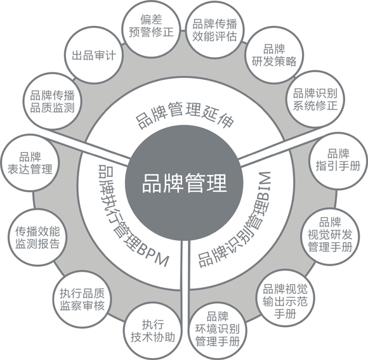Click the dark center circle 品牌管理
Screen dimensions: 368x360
[x=184, y=183]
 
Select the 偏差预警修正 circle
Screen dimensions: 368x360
[x=152, y=27]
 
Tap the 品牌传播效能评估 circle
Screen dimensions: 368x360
[x=214, y=30]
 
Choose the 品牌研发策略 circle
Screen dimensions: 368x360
[x=274, y=55]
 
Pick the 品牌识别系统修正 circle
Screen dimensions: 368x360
[x=315, y=100]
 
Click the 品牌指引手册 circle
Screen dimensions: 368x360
[x=338, y=161]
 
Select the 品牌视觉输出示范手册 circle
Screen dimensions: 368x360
[x=285, y=300]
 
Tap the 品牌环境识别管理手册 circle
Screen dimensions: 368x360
[x=218, y=330]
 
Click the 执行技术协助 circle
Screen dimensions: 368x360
[x=153, y=331]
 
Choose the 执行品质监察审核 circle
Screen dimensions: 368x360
[x=82, y=299]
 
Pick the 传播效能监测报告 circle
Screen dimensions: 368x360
[x=37, y=237]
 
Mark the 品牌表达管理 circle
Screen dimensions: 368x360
[x=30, y=163]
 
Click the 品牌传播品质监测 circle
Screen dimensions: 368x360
[x=52, y=101]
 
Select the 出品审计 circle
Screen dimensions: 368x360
[x=94, y=55]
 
